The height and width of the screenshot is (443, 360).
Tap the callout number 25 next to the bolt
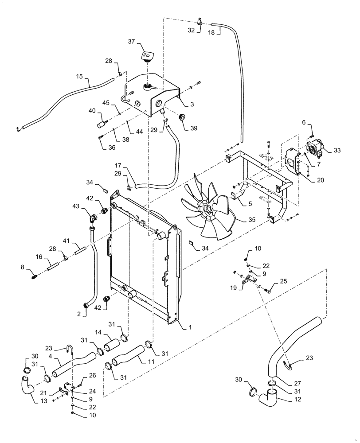tap(283, 280)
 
